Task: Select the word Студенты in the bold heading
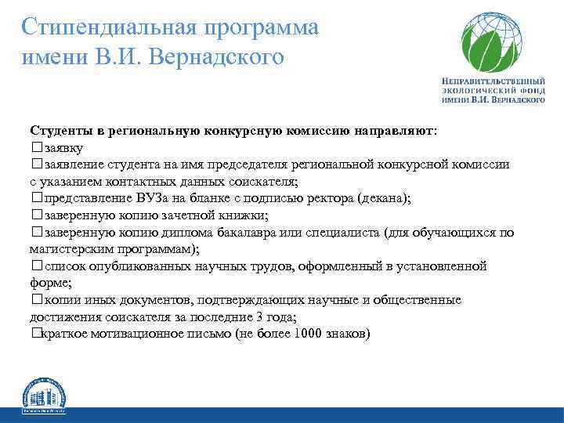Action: tap(60, 129)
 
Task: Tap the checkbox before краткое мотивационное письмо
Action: tap(35, 334)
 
